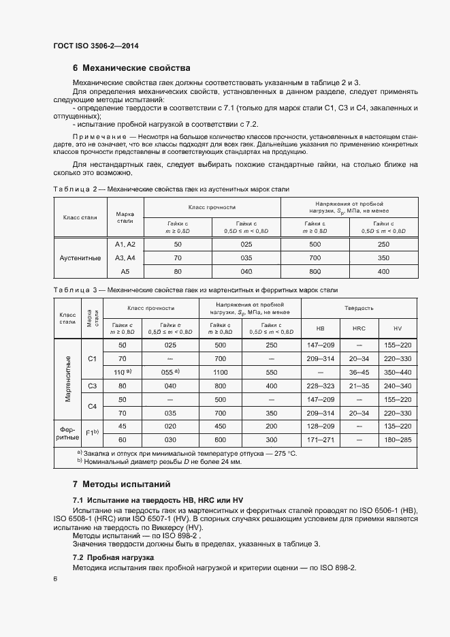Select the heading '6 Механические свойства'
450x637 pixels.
(131, 68)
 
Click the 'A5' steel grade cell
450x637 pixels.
(125, 271)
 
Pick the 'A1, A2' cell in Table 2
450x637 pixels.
(125, 244)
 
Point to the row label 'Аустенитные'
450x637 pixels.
(80, 258)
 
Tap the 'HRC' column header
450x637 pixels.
(359, 328)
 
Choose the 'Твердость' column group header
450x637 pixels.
(359, 308)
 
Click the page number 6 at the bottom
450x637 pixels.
(55, 578)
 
